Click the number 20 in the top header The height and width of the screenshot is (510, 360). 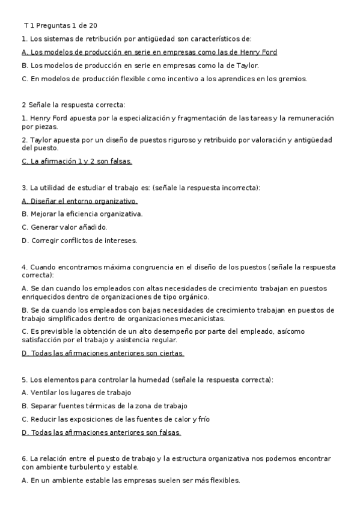click(x=91, y=25)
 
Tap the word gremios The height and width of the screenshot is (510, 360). click(x=292, y=78)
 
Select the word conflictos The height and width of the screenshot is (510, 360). click(x=70, y=240)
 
